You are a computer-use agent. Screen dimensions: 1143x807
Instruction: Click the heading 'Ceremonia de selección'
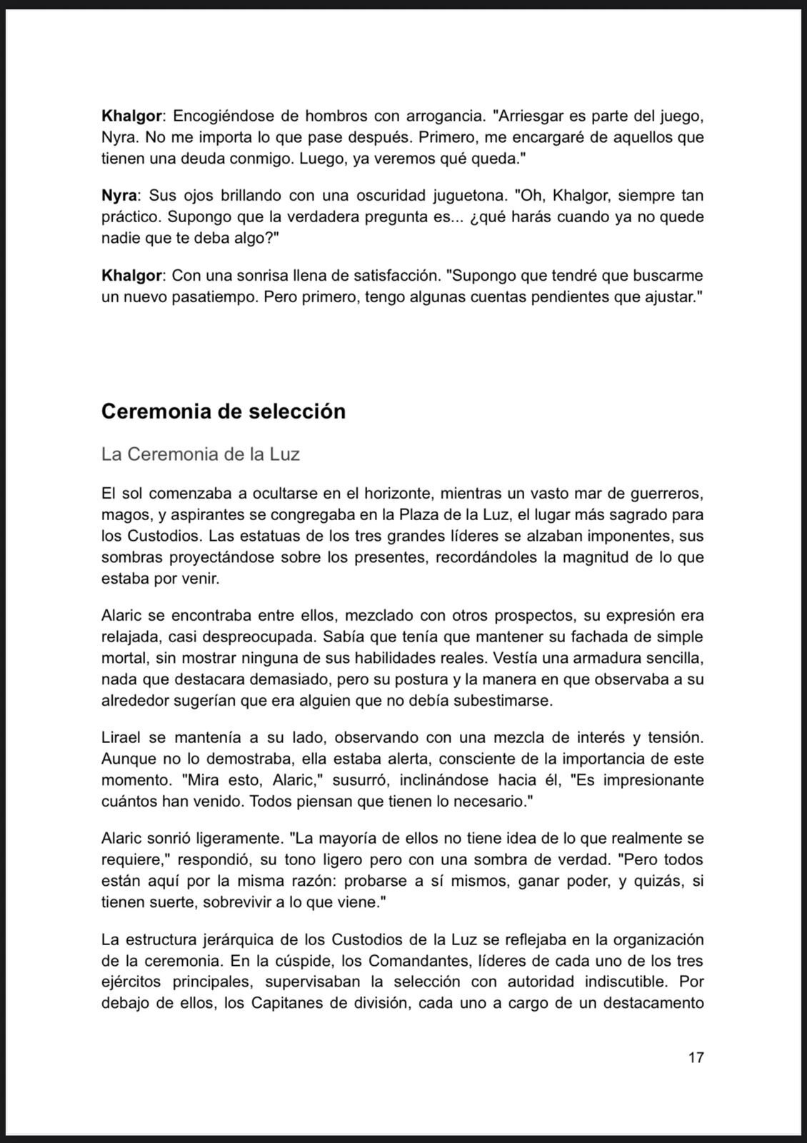coord(223,411)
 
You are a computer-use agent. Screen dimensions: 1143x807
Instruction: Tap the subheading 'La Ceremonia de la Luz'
coord(200,454)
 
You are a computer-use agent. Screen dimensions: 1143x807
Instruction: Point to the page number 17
coord(696,1057)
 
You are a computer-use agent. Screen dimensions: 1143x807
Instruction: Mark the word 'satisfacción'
coord(386,275)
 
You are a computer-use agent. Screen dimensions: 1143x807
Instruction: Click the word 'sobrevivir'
coord(241,902)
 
